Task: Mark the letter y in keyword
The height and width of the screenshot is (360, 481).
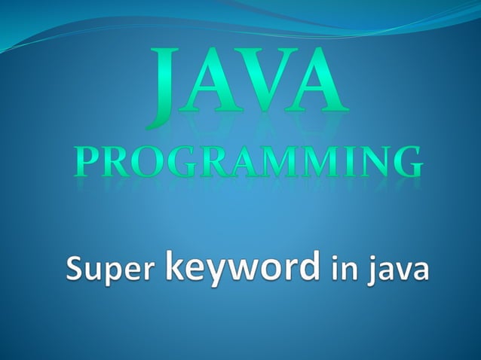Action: tap(216, 273)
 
